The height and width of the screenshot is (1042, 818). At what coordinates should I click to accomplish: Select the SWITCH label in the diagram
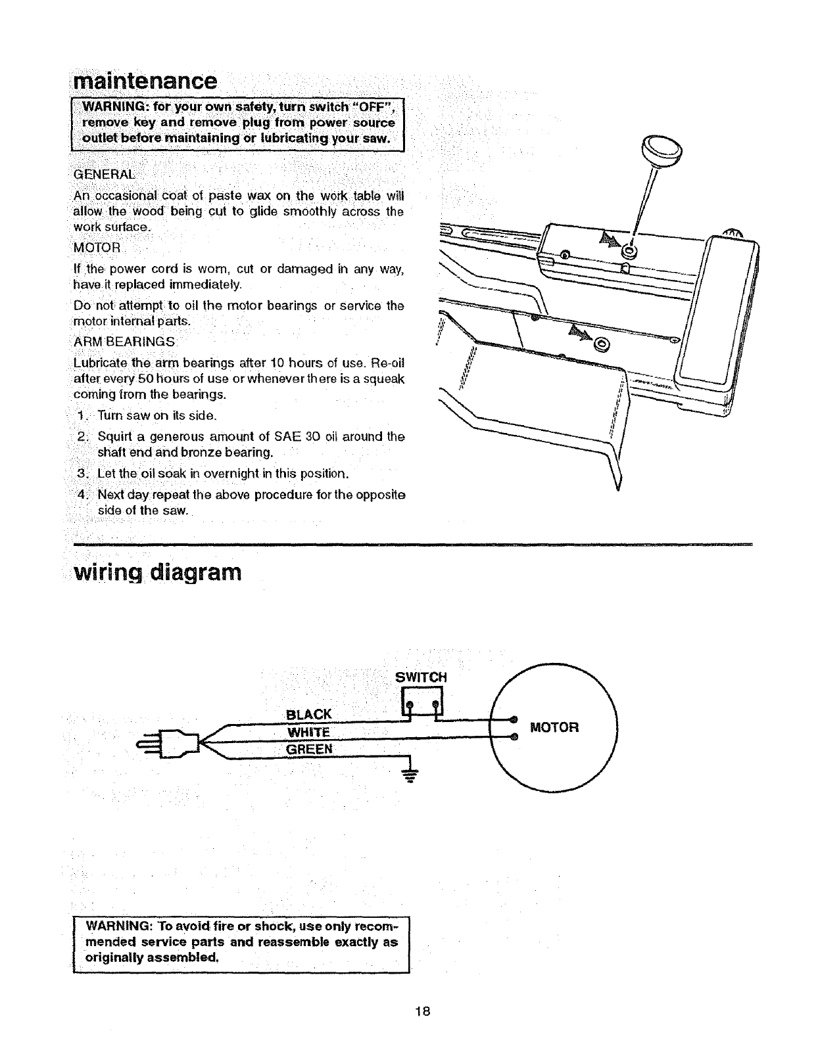click(421, 677)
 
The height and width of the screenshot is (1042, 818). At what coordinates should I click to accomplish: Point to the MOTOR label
click(554, 727)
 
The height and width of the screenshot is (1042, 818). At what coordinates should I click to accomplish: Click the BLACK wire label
click(310, 715)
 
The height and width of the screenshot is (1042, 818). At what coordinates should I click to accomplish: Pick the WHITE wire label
click(308, 733)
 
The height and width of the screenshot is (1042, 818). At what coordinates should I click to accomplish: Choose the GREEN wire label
click(309, 750)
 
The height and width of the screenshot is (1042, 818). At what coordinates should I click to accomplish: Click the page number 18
click(422, 1011)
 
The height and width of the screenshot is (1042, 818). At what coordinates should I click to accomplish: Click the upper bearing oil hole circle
click(630, 251)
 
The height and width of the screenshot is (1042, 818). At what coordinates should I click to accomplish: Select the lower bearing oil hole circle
click(600, 344)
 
